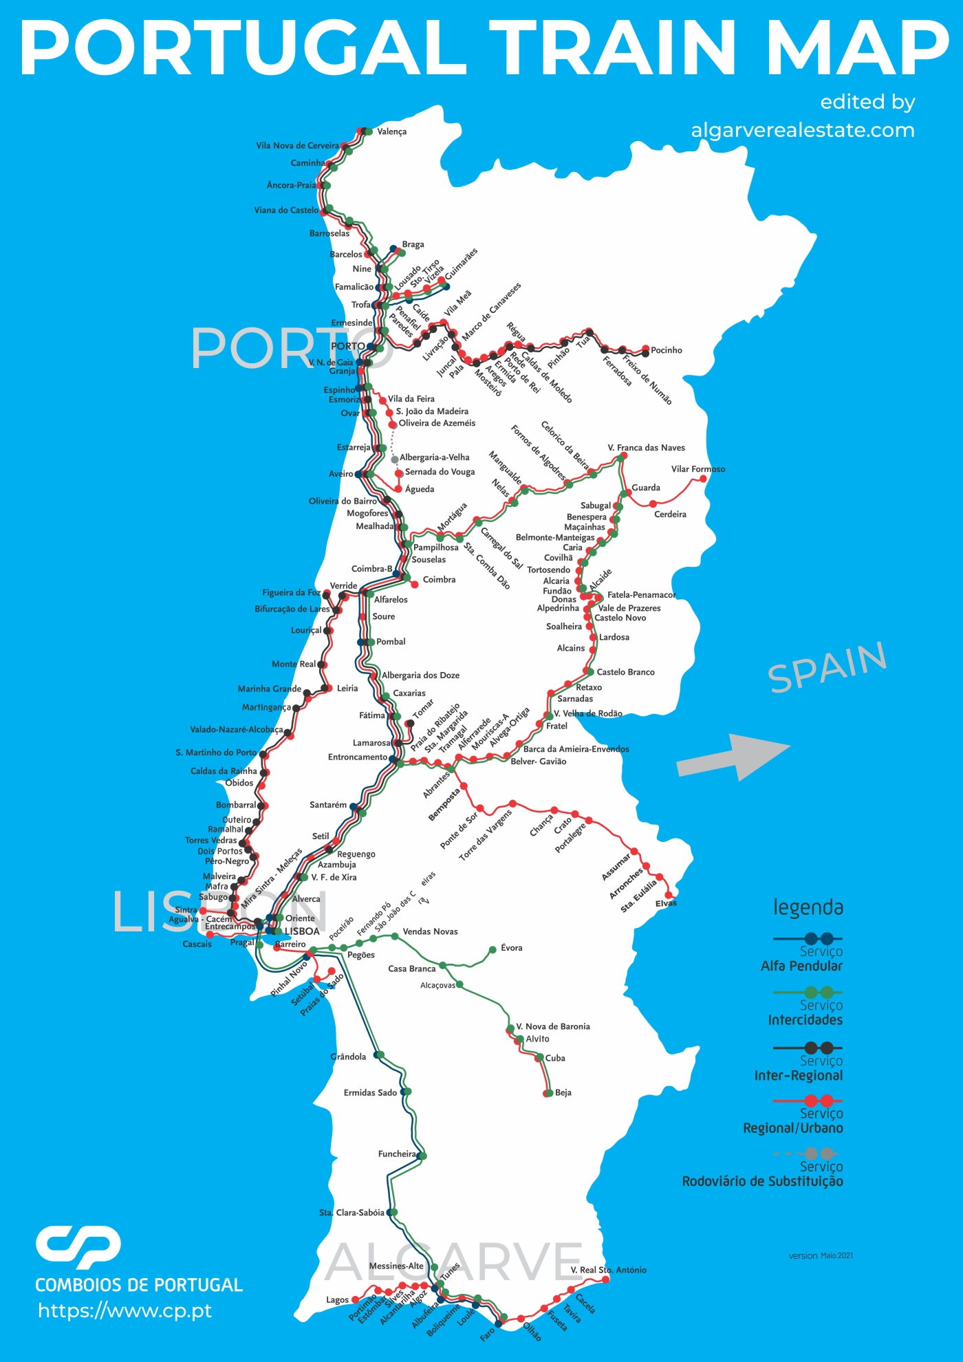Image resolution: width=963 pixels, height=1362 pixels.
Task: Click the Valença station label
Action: click(x=391, y=131)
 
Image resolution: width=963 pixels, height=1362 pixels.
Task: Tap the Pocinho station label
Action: click(x=666, y=350)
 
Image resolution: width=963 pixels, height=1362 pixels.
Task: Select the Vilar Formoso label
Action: click(x=697, y=469)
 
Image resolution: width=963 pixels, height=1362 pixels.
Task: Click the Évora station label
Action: click(x=511, y=948)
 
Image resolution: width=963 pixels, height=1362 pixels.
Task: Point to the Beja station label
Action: click(x=563, y=1092)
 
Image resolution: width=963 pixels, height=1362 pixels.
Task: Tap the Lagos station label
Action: click(x=337, y=1300)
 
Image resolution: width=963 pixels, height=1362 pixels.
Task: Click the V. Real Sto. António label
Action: click(x=608, y=1270)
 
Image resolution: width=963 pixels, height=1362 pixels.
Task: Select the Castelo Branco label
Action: click(x=625, y=672)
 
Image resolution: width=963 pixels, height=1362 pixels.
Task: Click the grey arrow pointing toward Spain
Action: click(x=733, y=757)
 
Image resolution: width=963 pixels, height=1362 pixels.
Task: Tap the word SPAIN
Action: click(x=827, y=667)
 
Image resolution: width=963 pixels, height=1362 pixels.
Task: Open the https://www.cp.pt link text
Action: click(x=125, y=1311)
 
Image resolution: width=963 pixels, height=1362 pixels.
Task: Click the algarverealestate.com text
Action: click(x=802, y=130)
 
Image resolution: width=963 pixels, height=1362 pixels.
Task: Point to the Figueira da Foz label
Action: click(x=291, y=592)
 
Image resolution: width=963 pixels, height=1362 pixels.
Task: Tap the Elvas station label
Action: click(x=665, y=903)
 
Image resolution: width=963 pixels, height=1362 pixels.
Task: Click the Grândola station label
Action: click(x=348, y=1057)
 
